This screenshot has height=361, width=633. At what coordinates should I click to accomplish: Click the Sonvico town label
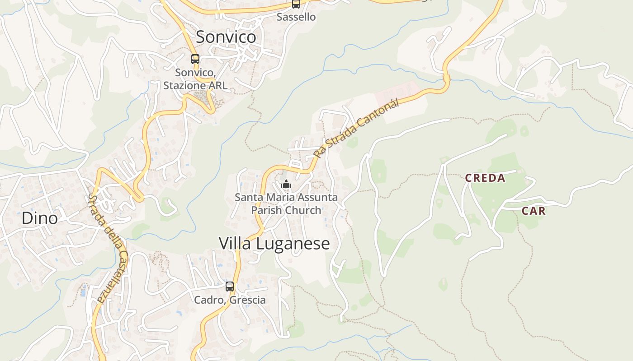point(226,37)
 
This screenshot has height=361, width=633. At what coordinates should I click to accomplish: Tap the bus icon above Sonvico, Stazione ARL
point(195,59)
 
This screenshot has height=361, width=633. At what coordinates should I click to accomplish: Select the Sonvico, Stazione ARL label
point(195,79)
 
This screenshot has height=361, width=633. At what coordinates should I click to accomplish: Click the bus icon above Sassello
point(296,4)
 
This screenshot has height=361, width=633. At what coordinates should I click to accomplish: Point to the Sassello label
point(296,17)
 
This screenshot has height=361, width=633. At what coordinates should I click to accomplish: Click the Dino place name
point(40,218)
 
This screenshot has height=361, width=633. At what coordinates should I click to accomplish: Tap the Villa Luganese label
point(274,243)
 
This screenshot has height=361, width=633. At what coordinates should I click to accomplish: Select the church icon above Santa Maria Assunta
point(286,184)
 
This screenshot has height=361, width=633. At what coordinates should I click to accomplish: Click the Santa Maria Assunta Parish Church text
point(286,204)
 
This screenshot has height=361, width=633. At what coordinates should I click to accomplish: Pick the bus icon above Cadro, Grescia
point(230,287)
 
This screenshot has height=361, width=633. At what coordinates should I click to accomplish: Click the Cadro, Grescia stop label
point(230,300)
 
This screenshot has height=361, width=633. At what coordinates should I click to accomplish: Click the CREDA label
point(485,178)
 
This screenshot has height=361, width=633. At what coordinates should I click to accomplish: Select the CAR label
point(534,211)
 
